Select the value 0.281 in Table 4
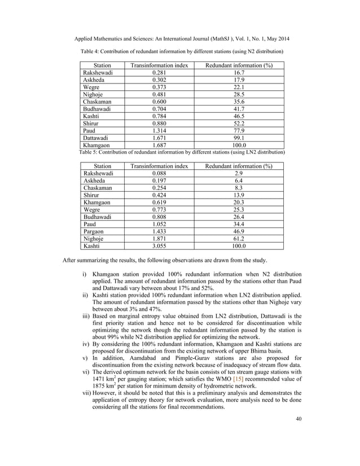click(159, 73)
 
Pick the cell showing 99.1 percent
click(238, 137)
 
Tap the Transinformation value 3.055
click(159, 247)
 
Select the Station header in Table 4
click(102, 65)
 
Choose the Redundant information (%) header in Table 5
click(238, 166)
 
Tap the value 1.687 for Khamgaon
click(159, 145)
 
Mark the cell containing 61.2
click(238, 239)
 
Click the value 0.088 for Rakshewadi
click(159, 174)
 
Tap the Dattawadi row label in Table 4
click(97, 137)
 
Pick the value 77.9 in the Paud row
click(238, 129)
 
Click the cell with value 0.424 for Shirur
click(159, 199)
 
